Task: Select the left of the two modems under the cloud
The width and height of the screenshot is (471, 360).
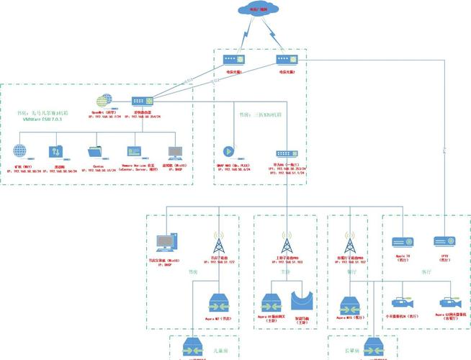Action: coord(230,60)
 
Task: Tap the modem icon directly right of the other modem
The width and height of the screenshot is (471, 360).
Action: coord(283,60)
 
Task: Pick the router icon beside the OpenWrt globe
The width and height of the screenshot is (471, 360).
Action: coord(138,103)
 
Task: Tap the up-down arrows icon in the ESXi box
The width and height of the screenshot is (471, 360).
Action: coord(56,152)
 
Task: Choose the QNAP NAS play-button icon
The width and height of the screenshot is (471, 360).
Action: coord(228,152)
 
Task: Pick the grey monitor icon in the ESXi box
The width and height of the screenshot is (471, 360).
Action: coord(174,152)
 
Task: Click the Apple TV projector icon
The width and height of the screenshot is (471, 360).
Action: coord(400,243)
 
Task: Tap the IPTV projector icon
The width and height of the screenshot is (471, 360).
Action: coord(441,243)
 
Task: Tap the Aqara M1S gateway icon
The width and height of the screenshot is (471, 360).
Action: coord(351,303)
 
